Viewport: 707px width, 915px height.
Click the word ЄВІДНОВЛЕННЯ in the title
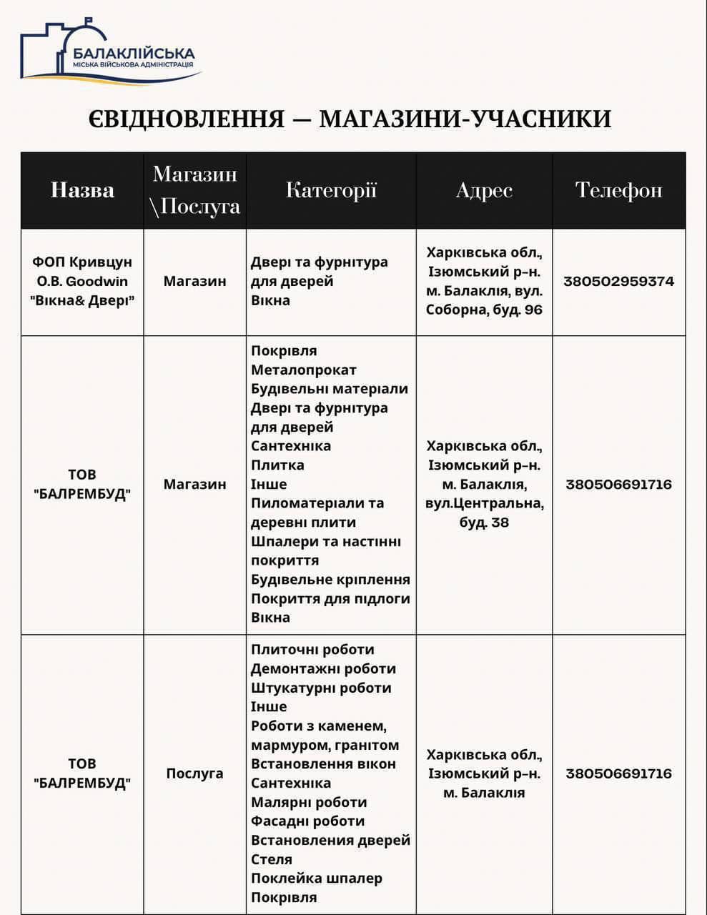click(186, 119)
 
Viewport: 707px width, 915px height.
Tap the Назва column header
click(82, 190)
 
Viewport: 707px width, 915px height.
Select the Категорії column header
click(331, 190)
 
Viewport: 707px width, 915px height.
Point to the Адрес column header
click(484, 190)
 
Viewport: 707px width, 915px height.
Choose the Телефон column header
click(618, 190)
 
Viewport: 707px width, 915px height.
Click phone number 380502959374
click(618, 281)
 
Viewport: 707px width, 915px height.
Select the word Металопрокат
click(303, 370)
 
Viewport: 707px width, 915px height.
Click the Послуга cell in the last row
click(194, 773)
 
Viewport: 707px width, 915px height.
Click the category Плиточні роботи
click(312, 650)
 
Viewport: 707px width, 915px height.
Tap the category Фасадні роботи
click(307, 821)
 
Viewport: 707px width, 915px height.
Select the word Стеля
click(272, 859)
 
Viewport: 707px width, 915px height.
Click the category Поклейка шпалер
click(316, 878)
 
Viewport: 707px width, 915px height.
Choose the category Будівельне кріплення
click(330, 579)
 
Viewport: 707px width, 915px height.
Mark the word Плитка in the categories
click(277, 465)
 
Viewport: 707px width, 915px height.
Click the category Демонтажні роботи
click(323, 669)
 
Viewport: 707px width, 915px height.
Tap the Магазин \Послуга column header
click(194, 190)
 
